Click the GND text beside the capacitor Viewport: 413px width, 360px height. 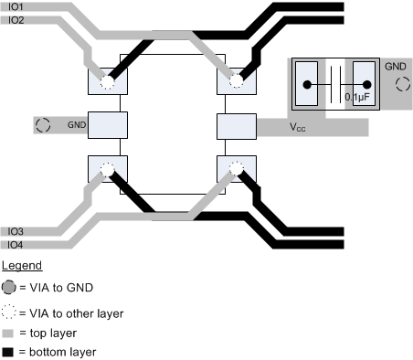click(x=395, y=67)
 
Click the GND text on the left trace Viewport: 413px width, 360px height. click(x=76, y=123)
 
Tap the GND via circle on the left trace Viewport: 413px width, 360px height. click(x=42, y=124)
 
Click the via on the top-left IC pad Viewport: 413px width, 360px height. click(x=107, y=82)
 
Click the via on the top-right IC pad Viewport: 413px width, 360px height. click(x=237, y=82)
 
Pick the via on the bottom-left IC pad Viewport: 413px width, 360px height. click(x=107, y=169)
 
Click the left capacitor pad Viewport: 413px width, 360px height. click(x=306, y=82)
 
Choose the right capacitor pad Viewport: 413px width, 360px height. click(x=365, y=82)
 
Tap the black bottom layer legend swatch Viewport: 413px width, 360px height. click(x=8, y=351)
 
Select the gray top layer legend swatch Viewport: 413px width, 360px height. click(x=8, y=333)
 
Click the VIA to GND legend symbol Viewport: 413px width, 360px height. click(x=9, y=287)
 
